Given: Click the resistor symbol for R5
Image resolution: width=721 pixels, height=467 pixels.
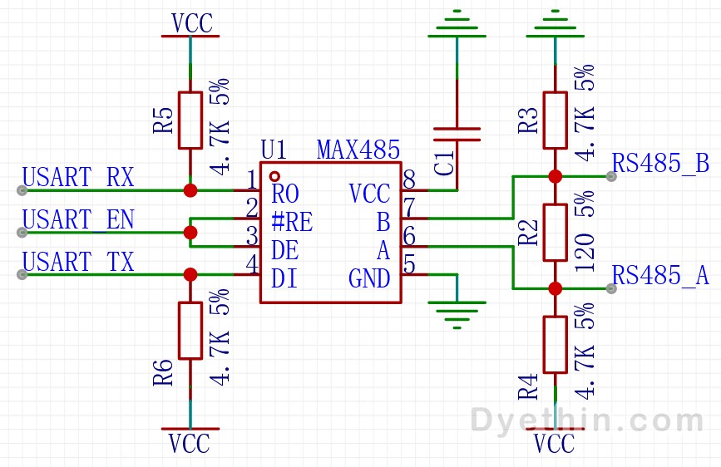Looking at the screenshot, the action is [190, 120].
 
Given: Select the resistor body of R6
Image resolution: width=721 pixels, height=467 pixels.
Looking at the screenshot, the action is [190, 331].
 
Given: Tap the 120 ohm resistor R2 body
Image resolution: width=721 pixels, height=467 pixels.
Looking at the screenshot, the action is [555, 233].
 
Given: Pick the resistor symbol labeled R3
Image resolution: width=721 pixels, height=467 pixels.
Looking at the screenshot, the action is [555, 120].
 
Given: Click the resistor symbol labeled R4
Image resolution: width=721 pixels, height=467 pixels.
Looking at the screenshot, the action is [555, 345].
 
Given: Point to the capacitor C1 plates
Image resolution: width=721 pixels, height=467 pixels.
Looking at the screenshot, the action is [457, 135].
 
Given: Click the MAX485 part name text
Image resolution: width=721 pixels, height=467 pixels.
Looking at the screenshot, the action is [358, 150].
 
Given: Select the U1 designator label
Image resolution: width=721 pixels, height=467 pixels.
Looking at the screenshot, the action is [274, 150].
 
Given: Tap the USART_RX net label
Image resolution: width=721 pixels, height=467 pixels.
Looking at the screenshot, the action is [78, 177].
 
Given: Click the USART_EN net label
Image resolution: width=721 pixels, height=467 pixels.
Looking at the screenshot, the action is [78, 219].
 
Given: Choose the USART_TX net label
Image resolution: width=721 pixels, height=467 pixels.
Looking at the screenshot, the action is [78, 262].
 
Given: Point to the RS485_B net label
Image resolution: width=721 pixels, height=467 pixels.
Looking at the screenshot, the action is [661, 163].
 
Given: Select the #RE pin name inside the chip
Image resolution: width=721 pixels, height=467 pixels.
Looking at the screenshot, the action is [292, 222].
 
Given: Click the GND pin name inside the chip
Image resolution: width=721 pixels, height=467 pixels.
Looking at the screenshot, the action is [369, 278].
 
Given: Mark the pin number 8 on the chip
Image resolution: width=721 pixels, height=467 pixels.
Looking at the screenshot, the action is [409, 179].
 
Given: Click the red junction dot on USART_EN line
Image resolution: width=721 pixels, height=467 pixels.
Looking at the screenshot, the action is [190, 233].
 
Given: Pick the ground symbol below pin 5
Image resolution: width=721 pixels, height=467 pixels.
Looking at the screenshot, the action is [457, 315].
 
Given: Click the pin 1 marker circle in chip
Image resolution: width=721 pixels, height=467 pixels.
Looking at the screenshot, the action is [274, 176].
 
